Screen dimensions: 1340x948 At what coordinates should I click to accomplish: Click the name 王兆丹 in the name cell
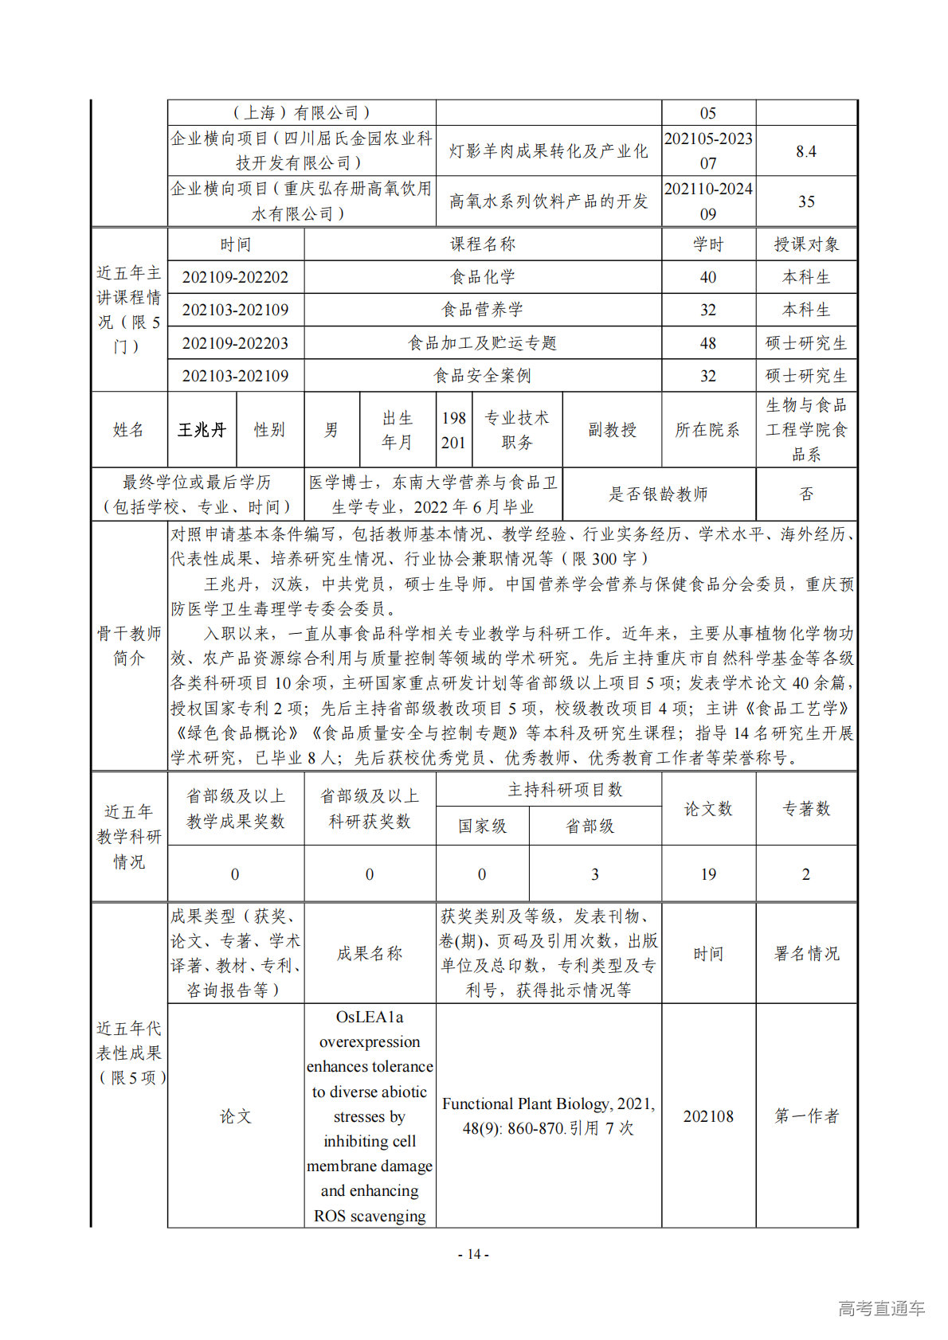[202, 430]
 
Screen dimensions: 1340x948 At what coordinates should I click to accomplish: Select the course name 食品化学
[482, 277]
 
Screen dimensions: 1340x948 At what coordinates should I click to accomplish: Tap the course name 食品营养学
[482, 310]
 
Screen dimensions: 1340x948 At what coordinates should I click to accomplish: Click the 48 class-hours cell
[707, 343]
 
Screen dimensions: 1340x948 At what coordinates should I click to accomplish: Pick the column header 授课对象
[806, 244]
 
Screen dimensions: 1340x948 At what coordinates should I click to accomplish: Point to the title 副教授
[612, 430]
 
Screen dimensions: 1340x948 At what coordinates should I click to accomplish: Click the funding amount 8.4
[806, 151]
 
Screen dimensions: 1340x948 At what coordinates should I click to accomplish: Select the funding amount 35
[806, 201]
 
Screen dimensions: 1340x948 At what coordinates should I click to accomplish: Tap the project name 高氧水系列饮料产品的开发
[548, 201]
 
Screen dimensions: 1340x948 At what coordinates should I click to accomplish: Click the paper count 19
[707, 874]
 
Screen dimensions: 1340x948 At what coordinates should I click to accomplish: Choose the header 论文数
[707, 809]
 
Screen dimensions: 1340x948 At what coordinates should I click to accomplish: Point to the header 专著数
[806, 809]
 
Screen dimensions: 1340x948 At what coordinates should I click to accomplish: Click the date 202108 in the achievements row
[707, 1116]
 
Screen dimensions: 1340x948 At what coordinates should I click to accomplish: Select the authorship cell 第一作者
[806, 1116]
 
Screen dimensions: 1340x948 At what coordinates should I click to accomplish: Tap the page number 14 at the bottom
[473, 1255]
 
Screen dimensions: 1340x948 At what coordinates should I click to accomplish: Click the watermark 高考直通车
[881, 1308]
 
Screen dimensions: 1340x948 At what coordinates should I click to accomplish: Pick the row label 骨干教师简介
[129, 646]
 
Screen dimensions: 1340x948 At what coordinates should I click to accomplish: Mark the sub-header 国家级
[482, 826]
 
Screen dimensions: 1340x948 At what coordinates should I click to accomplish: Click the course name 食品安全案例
[482, 376]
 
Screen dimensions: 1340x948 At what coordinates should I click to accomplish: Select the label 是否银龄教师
[658, 494]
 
